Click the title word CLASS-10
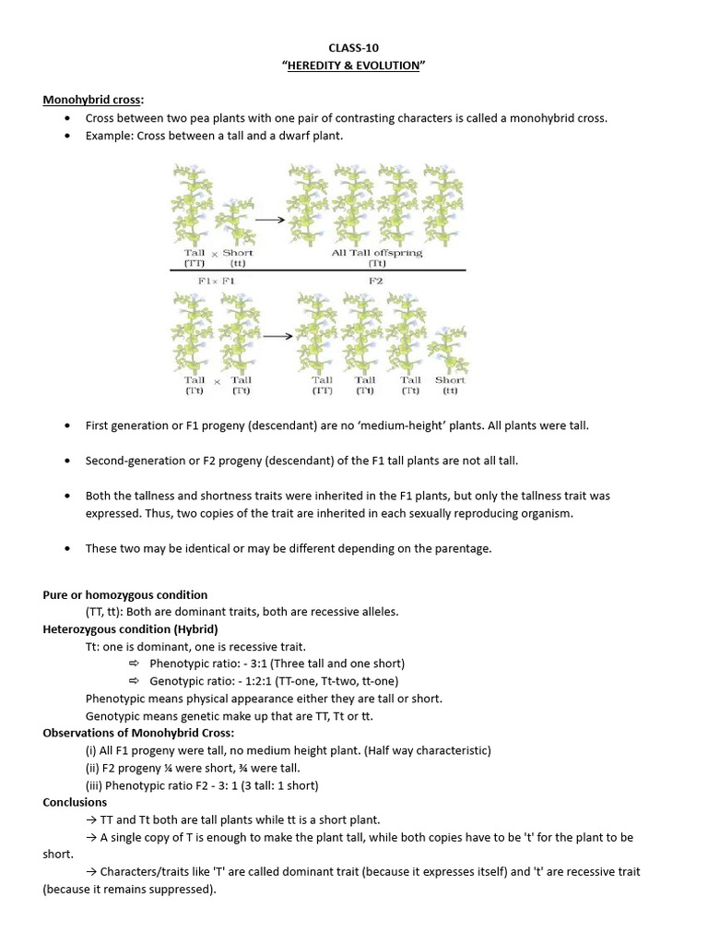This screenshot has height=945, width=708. (x=353, y=47)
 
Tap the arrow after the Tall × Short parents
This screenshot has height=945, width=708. (x=268, y=220)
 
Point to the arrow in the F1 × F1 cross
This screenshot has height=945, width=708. (x=277, y=337)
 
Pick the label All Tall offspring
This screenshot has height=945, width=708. (x=376, y=252)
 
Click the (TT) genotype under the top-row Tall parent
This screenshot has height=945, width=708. (x=194, y=263)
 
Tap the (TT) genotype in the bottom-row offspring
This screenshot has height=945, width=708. (x=322, y=390)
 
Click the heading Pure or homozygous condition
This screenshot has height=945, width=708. (x=125, y=594)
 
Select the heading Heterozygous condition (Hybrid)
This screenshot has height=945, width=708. (x=130, y=628)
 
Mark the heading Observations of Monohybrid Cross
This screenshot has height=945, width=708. (x=138, y=733)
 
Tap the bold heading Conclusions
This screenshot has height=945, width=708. (x=75, y=802)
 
